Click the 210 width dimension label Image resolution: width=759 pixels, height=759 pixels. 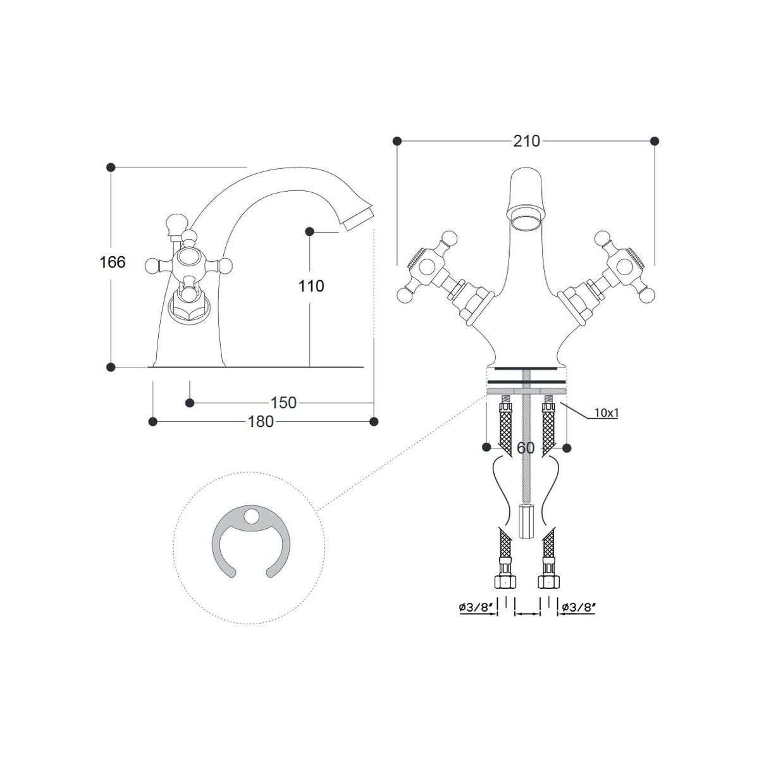coord(526,141)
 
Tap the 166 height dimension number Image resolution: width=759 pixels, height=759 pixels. coord(113,262)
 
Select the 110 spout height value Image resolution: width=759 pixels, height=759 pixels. coord(311,286)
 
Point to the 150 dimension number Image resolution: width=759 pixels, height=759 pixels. coord(283,402)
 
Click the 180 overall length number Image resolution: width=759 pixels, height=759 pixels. coord(261,422)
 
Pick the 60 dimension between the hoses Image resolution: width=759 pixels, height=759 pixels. coord(526,447)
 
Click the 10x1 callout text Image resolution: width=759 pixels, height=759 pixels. coord(606,413)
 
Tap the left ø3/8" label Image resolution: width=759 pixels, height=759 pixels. coord(477,618)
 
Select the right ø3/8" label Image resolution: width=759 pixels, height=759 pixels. coord(578,618)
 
